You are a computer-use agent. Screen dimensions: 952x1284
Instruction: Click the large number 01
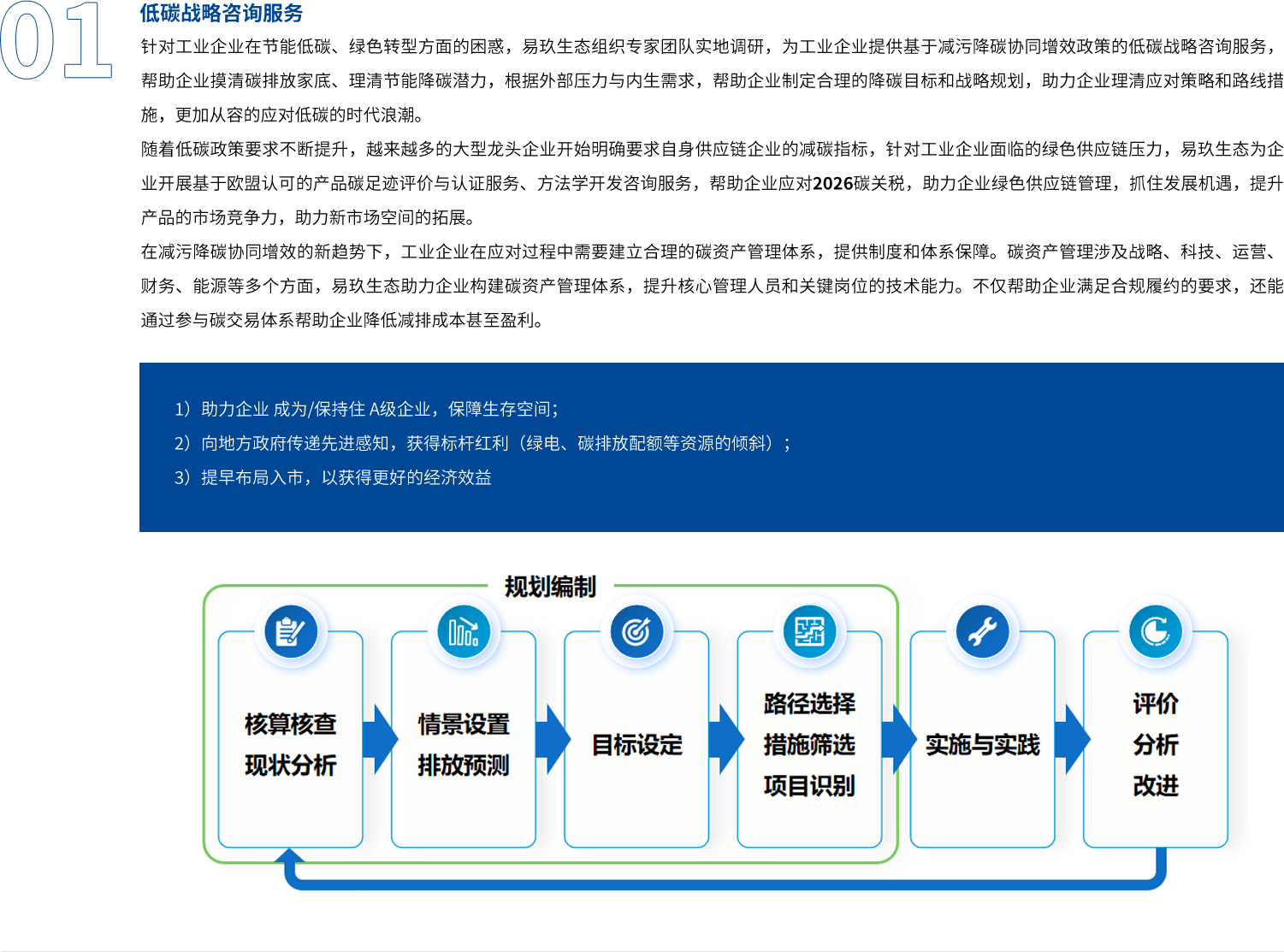pos(56,40)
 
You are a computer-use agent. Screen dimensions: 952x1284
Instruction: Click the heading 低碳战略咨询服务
pos(221,13)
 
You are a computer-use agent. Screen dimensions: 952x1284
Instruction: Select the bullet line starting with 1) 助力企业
pos(366,409)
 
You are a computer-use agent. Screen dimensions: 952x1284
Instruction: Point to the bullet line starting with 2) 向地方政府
pos(482,443)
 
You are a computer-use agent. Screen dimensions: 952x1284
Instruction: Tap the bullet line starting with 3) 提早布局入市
pos(333,477)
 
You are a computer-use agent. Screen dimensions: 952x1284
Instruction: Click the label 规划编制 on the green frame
pos(550,587)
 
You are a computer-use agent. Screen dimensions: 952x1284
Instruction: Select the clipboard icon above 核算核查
pos(291,632)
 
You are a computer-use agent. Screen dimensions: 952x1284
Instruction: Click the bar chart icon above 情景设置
pos(464,632)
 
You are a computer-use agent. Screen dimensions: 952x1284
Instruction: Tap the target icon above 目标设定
pos(636,632)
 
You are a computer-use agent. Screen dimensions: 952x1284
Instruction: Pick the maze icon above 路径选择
pos(809,632)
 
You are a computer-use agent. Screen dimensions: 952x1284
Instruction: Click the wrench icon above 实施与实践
pos(982,632)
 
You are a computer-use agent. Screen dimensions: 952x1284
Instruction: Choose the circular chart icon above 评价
pos(1155,632)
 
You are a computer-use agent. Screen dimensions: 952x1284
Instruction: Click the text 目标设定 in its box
pos(636,745)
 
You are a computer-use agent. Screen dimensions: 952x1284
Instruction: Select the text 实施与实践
pos(982,745)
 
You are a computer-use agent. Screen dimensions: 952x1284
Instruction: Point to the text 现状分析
pos(291,765)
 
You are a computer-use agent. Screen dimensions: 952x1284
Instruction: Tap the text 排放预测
pos(464,765)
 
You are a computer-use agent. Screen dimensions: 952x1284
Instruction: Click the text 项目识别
pos(809,785)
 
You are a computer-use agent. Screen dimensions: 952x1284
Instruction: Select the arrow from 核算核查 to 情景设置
pos(379,739)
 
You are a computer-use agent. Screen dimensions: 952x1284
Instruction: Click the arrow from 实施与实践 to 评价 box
pos(1071,739)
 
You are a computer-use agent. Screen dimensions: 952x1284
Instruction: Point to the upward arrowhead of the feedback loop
pos(290,855)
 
